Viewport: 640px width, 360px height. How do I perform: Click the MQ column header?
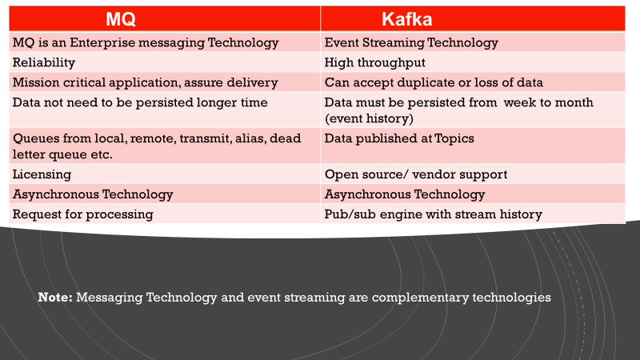tap(165, 18)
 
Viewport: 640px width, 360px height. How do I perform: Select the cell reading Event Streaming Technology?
tap(411, 42)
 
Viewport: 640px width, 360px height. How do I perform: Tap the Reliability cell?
tap(44, 62)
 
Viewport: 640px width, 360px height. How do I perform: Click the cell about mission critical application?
tap(145, 82)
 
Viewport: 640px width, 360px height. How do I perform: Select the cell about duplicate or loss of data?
tap(434, 82)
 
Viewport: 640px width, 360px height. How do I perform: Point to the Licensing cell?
tap(42, 174)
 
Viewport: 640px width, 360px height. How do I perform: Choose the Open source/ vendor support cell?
tap(415, 174)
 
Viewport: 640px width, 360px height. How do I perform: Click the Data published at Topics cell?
tap(399, 138)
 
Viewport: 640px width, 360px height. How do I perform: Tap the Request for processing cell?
tap(82, 214)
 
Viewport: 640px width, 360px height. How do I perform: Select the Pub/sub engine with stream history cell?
tap(433, 214)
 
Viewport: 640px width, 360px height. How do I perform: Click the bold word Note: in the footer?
tap(55, 297)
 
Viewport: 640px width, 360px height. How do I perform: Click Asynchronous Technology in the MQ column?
tap(93, 194)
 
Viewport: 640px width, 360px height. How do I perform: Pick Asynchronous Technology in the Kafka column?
tap(404, 194)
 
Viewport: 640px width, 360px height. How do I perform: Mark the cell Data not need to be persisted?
tap(140, 102)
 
